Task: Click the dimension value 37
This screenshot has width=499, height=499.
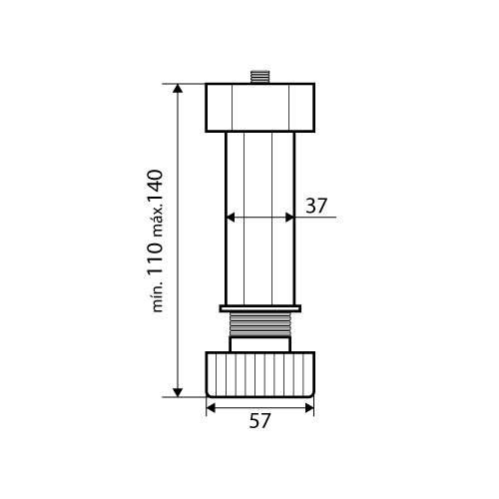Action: click(x=316, y=206)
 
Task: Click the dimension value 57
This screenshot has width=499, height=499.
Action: click(x=259, y=421)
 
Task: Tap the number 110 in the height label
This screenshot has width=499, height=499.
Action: click(x=155, y=257)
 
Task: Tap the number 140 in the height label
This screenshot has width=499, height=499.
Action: click(x=155, y=186)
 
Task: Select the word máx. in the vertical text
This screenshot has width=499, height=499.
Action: click(x=158, y=221)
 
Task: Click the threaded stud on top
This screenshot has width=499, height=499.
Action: click(x=259, y=77)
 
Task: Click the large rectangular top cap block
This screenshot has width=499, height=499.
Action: click(x=259, y=108)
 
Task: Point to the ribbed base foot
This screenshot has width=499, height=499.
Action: click(x=259, y=374)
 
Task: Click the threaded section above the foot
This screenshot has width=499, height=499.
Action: click(x=259, y=324)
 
